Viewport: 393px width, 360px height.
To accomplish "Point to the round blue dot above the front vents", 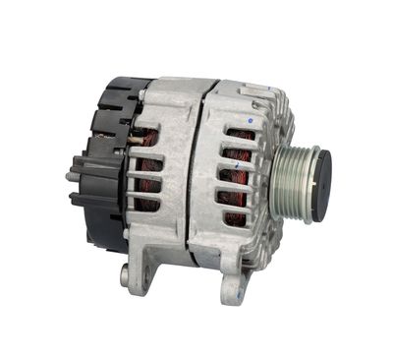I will click(251, 120).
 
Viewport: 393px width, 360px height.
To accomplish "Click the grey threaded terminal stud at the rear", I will click(72, 176).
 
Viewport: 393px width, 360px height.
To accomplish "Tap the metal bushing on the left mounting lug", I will click(125, 278).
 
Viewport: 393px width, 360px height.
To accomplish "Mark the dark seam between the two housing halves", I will click(197, 177).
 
